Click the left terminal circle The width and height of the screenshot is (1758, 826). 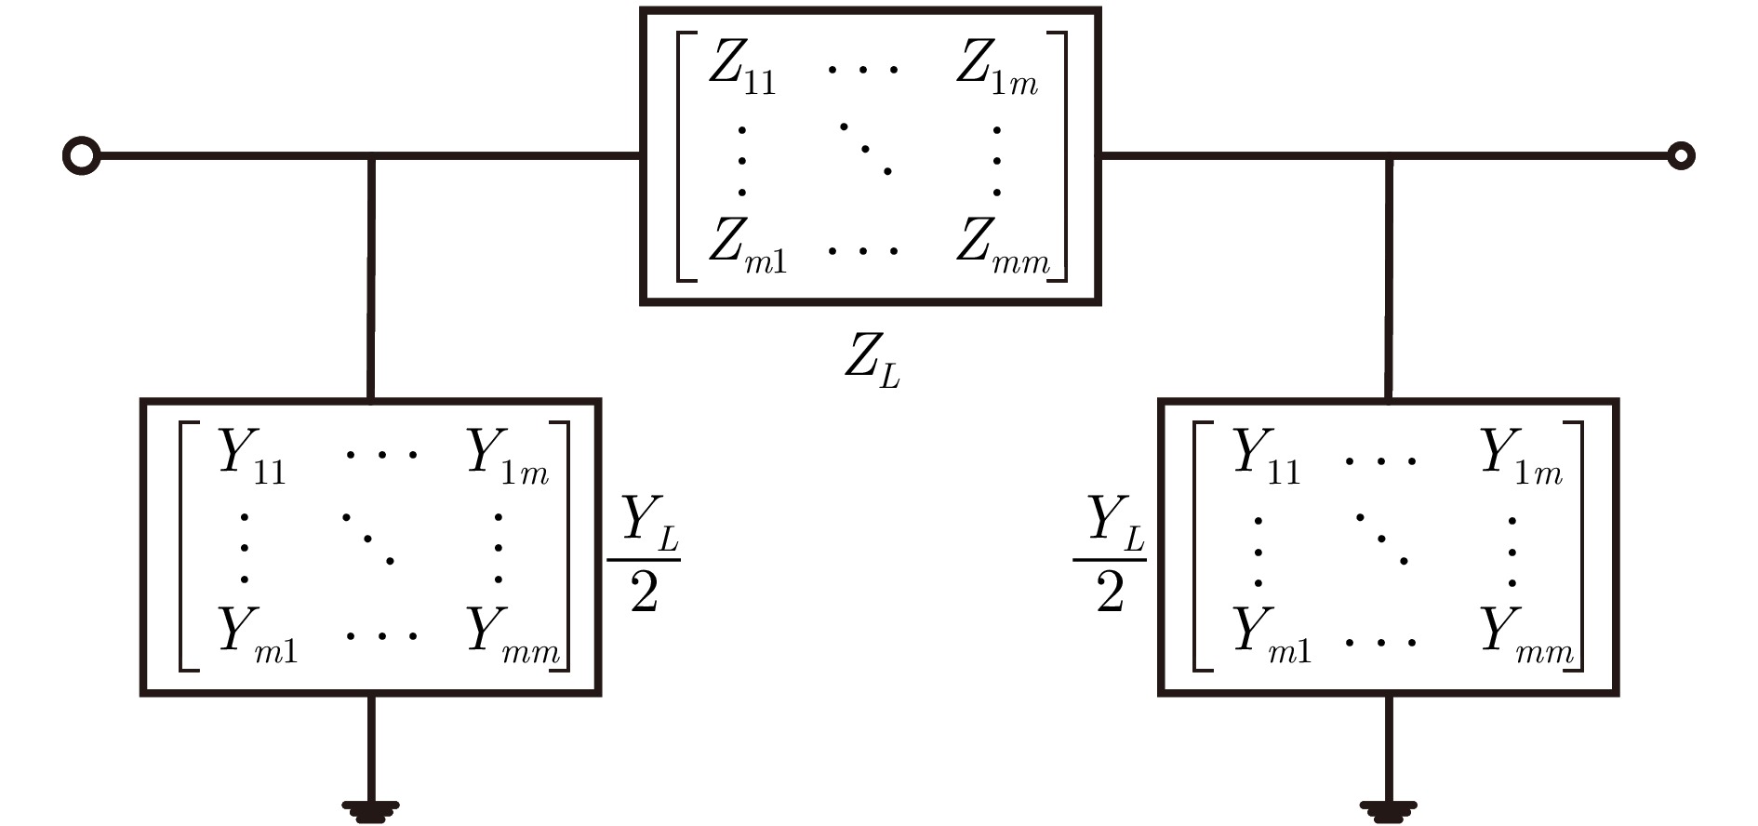pos(81,155)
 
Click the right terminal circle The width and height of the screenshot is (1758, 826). pos(1681,155)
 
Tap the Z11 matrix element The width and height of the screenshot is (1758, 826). pos(741,69)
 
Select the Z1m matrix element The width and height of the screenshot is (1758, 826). pos(996,69)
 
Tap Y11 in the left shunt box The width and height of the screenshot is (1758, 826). pos(251,457)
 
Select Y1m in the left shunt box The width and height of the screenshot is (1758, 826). pos(508,457)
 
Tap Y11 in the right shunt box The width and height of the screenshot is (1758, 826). pos(1266,457)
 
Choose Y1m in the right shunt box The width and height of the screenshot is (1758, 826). pos(1522,457)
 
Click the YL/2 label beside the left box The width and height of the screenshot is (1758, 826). pos(645,554)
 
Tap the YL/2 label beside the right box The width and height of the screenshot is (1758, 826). pos(1110,554)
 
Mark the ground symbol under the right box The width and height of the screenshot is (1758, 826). pos(1388,811)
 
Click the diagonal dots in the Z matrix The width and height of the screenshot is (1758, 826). pos(865,148)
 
